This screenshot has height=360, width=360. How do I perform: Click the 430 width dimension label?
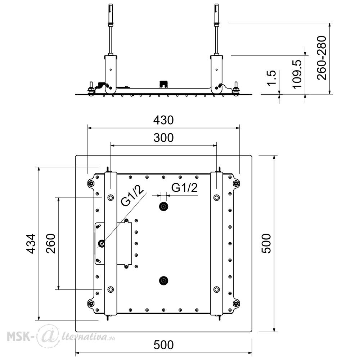pos(163,120)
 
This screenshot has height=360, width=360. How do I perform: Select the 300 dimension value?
pos(163,138)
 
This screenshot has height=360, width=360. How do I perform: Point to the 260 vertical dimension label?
pos(51,244)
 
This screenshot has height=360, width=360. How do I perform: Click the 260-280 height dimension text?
pos(321,58)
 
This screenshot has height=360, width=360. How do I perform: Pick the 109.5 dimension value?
pos(297,74)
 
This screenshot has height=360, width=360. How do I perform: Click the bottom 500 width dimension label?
pos(163,345)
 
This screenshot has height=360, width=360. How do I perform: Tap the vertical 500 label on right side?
pos(266,244)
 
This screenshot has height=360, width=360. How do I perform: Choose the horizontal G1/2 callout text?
pos(184,188)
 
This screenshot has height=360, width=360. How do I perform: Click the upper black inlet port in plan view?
pos(163,207)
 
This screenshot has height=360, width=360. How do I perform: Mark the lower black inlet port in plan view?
pos(163,280)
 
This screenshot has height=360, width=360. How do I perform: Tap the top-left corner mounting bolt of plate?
pos(91,184)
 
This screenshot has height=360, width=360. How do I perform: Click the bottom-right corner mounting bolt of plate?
pos(236,303)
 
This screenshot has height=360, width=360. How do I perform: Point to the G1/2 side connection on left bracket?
pos(102,243)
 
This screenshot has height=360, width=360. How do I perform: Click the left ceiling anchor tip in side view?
pos(111,5)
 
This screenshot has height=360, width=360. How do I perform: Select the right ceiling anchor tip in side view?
pos(216,5)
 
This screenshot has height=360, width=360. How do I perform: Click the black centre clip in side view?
pos(164,84)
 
